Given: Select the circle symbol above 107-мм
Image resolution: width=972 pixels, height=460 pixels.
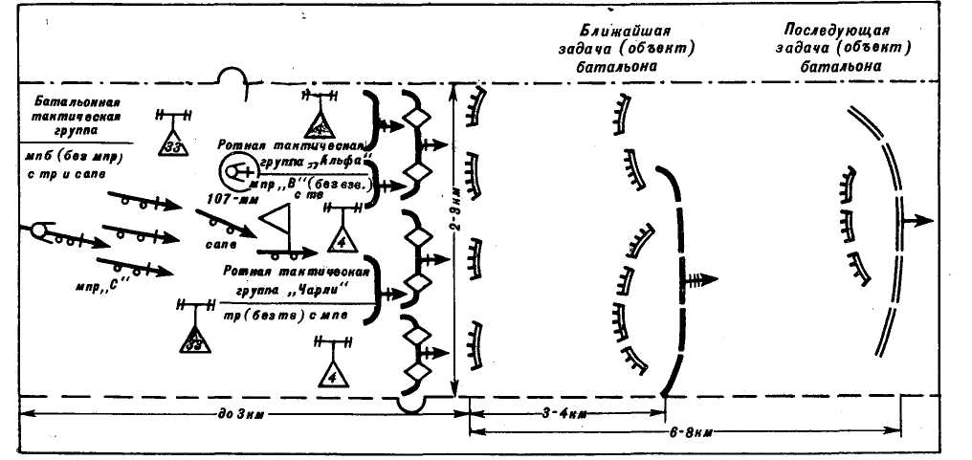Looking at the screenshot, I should coord(233,172).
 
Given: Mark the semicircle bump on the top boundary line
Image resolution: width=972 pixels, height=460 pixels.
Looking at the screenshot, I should coord(232,76).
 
